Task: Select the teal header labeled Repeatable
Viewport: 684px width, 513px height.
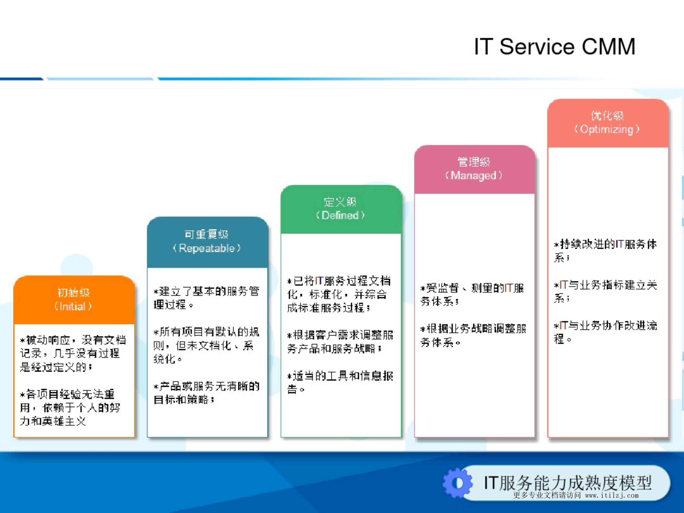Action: coord(207,241)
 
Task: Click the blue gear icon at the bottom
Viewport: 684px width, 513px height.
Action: coord(457,483)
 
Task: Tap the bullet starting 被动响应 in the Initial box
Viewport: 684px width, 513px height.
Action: coord(73,353)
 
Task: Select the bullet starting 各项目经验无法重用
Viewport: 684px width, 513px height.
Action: coord(70,408)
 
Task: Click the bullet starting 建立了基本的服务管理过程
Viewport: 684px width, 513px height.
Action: coord(206,298)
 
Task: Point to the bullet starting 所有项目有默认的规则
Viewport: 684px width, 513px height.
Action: coord(206,345)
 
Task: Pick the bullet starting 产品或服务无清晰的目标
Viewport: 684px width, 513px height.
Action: coord(206,393)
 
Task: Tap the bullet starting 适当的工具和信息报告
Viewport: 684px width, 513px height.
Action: coord(340,382)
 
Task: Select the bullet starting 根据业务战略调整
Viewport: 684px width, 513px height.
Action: coord(473,335)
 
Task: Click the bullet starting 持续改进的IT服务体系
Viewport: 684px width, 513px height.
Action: coord(605,251)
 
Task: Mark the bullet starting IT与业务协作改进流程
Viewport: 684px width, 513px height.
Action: coord(605,332)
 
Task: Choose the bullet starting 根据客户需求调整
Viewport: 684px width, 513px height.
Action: coord(340,342)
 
